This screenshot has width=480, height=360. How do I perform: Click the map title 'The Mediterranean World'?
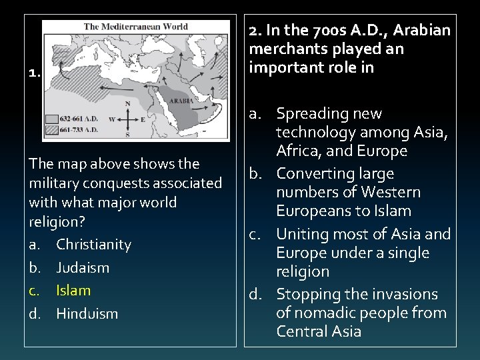[x=135, y=27]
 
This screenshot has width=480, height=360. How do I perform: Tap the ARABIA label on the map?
[x=181, y=101]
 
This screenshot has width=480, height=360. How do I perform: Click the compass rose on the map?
[x=127, y=119]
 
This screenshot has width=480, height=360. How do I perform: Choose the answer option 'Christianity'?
[x=93, y=245]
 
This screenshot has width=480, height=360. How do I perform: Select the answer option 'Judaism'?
[x=83, y=268]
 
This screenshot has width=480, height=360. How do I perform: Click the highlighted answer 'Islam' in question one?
[x=73, y=291]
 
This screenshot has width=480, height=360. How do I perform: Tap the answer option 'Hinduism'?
[x=87, y=313]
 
